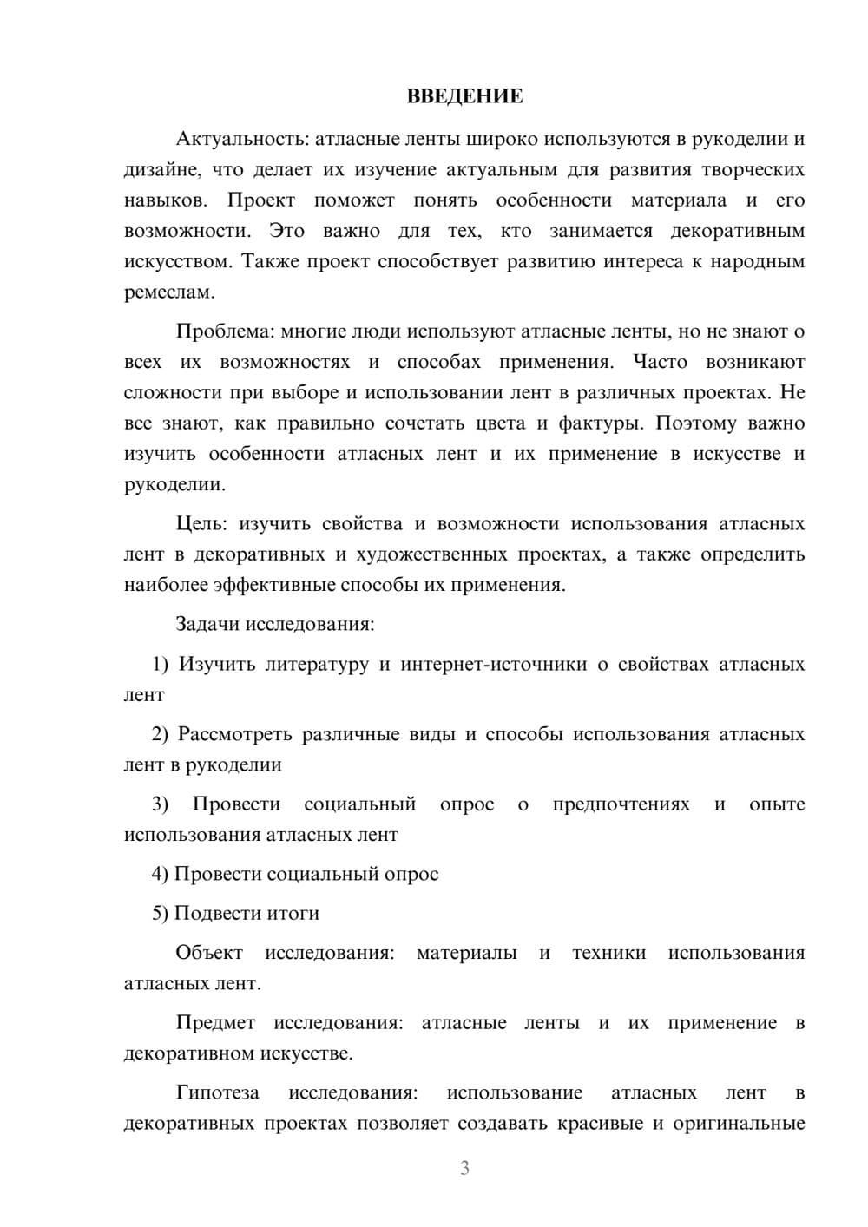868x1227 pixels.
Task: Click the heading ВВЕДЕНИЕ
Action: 464,96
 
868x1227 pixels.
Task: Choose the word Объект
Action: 209,953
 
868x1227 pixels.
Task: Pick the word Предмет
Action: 215,1023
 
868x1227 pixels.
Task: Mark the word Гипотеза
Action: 217,1092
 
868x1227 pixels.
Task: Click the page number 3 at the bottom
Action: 464,1168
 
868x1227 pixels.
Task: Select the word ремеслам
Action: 168,292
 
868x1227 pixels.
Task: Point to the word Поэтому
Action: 696,423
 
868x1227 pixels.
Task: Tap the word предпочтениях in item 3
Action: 621,804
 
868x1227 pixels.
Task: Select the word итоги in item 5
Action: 292,914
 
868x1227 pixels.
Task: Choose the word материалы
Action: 466,953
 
